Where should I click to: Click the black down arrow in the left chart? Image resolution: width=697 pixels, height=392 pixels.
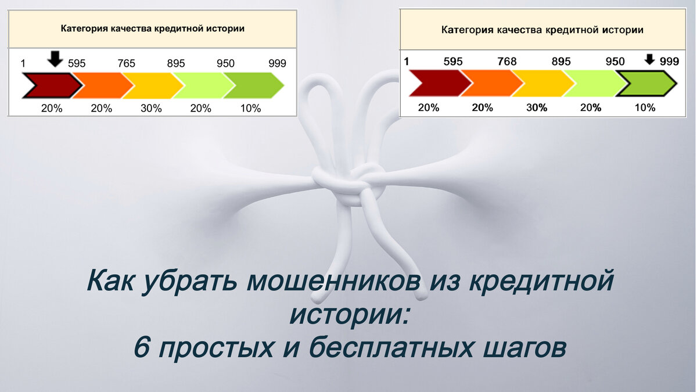tap(55, 59)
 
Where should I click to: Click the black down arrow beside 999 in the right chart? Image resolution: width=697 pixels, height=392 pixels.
tap(650, 59)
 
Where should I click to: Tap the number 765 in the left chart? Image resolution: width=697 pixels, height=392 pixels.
tap(127, 63)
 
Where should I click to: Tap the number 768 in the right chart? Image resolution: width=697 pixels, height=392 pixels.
tap(507, 62)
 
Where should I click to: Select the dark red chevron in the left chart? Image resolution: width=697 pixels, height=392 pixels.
tap(51, 86)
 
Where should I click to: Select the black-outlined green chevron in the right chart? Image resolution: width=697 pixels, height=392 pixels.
tap(645, 84)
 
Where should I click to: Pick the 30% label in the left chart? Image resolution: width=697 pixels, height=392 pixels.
tap(151, 108)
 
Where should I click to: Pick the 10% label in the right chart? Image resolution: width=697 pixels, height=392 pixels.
tap(645, 107)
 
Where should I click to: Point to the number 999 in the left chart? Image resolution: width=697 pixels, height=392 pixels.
tap(277, 63)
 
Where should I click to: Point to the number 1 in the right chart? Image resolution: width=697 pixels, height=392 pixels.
tap(407, 62)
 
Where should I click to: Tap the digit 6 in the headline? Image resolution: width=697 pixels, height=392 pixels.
tap(141, 347)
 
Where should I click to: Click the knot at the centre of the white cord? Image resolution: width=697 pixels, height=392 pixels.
tap(348, 183)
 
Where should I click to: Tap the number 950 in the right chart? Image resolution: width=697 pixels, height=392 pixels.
tap(615, 62)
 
